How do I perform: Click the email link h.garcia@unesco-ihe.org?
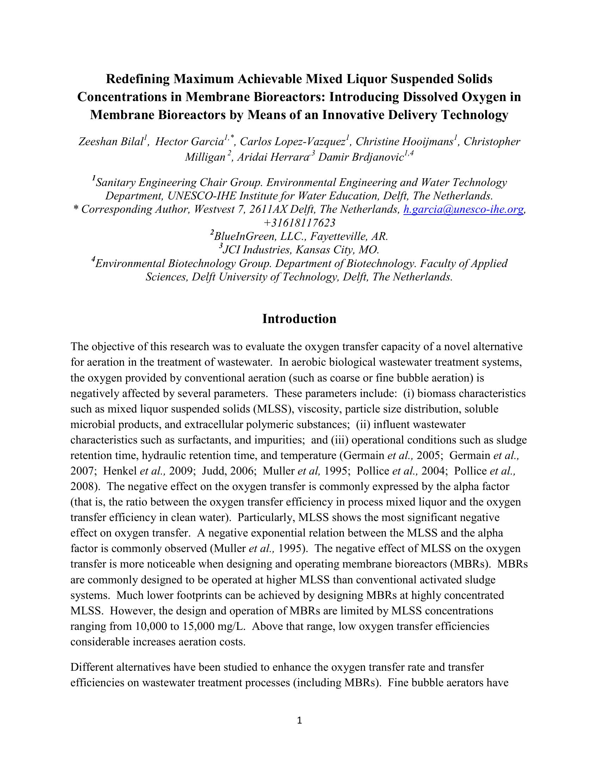(x=464, y=210)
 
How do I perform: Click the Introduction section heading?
(x=299, y=319)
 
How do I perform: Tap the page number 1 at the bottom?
(x=299, y=720)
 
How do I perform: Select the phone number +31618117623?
(x=299, y=223)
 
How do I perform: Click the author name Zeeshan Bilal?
(x=110, y=142)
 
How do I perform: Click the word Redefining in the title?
(x=138, y=79)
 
